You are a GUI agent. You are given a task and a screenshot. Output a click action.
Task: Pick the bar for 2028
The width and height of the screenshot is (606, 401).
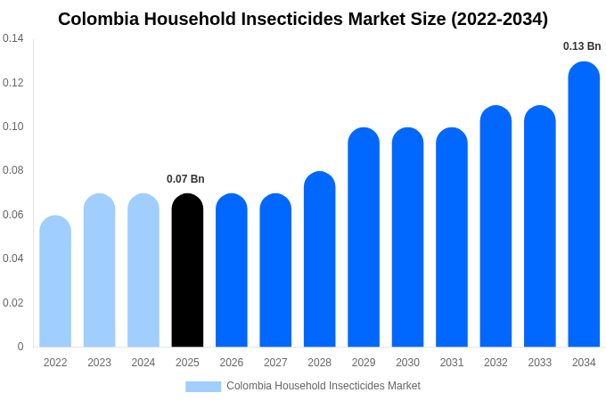coord(319,259)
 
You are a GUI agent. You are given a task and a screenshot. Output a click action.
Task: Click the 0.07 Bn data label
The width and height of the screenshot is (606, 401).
coord(185,179)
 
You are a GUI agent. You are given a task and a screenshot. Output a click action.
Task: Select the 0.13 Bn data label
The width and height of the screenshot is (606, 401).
coord(582,46)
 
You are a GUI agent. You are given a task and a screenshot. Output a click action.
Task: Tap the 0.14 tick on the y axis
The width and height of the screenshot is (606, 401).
coord(13,38)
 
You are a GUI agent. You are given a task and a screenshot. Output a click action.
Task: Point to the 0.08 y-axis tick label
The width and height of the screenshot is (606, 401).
coord(13,170)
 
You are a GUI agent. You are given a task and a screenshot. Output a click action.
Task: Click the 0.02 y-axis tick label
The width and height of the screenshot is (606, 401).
coord(13,303)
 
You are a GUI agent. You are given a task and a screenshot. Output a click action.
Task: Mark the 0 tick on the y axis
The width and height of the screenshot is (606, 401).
coord(20,347)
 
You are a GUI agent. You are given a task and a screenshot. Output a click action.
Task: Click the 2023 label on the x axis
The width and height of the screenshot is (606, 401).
coord(99,363)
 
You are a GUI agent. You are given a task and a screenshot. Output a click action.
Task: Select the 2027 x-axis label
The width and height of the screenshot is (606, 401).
coord(275,363)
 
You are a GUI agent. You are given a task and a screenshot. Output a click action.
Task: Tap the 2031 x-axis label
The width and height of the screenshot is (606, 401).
coord(452,363)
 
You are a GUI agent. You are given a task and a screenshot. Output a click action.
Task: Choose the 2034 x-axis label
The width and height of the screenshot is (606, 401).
coord(584,363)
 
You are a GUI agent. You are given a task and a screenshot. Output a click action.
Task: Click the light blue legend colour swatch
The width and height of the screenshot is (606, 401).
coord(203,387)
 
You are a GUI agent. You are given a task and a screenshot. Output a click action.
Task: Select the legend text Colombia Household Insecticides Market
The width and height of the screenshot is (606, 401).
coord(323,386)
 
